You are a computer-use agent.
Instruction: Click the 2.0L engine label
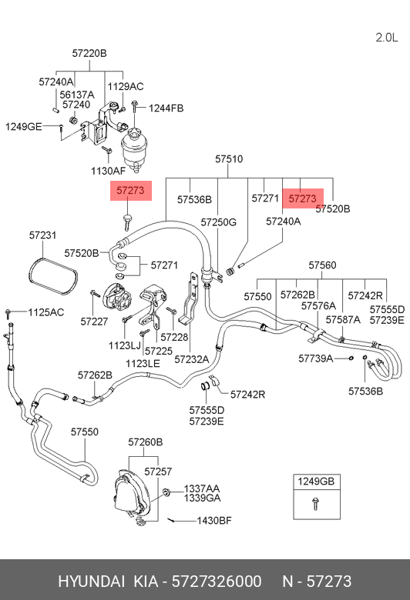(x=386, y=38)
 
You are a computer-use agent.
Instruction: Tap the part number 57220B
(x=89, y=53)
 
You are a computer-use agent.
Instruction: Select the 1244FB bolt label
(x=166, y=108)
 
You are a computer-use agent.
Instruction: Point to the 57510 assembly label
(x=229, y=158)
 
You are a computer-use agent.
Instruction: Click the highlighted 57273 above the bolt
(x=131, y=190)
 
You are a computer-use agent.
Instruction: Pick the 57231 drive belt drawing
(x=53, y=276)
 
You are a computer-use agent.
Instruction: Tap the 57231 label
(x=43, y=235)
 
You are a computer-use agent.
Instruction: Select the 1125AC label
(x=46, y=312)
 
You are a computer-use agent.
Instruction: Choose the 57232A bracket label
(x=192, y=359)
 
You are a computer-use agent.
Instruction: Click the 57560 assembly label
(x=323, y=265)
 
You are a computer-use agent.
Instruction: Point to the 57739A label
(x=316, y=358)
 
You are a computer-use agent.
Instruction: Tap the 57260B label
(x=146, y=442)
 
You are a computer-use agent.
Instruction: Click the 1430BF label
(x=214, y=521)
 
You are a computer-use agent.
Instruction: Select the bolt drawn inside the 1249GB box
(x=316, y=504)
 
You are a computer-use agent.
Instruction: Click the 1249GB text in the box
(x=317, y=482)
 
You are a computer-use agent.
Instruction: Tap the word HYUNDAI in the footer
(x=92, y=582)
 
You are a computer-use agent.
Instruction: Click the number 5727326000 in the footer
(x=217, y=582)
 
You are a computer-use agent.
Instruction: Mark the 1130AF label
(x=109, y=171)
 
